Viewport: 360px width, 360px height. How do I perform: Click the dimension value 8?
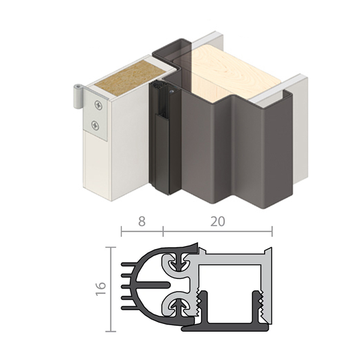142,221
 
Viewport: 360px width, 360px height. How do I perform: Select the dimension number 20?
217,221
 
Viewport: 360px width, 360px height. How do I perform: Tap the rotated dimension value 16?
101,289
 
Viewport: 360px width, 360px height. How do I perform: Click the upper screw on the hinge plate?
97,107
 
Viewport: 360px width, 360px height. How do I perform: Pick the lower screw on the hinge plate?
96,126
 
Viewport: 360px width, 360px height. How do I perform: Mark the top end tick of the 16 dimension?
110,247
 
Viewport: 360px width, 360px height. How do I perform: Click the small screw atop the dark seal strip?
172,92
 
